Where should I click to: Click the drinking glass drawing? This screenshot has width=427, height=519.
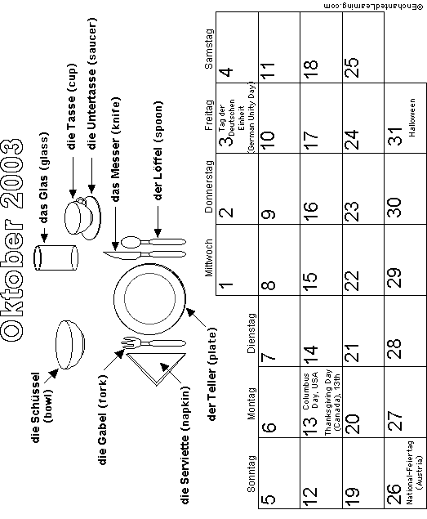point(56,257)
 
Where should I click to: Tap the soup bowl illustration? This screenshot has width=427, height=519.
point(69,345)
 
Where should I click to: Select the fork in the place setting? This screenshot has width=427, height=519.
point(153,343)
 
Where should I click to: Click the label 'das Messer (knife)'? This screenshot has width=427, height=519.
point(116,150)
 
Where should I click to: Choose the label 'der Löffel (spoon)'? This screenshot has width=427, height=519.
point(158,150)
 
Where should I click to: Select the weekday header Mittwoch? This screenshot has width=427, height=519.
point(209,258)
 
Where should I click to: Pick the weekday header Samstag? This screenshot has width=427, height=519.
point(210,49)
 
